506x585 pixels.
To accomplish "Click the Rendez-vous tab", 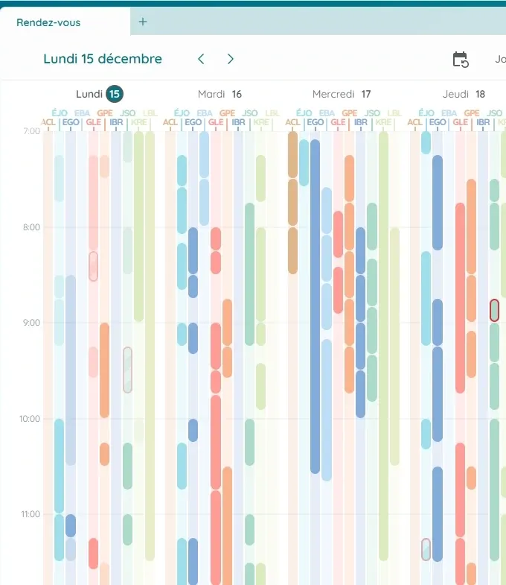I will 48,22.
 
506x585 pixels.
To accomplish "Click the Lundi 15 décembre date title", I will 103,59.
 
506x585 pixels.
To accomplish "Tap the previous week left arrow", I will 201,59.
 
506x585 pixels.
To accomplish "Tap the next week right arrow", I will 231,59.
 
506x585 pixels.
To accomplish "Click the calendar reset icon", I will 461,60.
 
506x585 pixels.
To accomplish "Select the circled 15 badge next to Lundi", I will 114,94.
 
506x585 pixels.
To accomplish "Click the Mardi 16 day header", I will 220,94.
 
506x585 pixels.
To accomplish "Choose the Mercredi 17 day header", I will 342,94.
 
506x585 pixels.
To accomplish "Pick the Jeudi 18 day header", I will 464,94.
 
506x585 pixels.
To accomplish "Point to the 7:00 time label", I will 31,131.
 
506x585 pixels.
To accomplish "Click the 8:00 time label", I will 31,227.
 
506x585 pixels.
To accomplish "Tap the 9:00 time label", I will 31,323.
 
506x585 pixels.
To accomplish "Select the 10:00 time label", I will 30,419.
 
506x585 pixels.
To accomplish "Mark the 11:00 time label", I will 30,514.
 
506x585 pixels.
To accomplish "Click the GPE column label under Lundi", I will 105,113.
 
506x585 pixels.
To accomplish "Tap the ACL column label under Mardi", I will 170,122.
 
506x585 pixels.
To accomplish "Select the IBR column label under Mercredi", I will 361,122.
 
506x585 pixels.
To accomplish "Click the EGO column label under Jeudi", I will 438,122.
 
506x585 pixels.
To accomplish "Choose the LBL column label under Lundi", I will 150,113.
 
